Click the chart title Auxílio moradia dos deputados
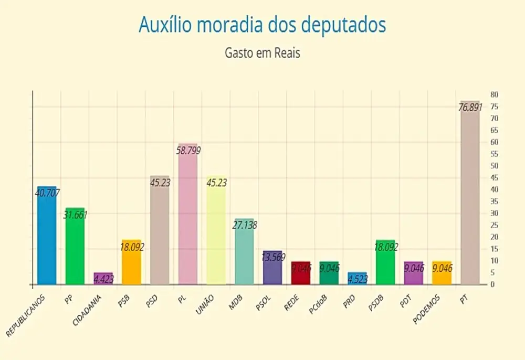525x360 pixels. pos(262,25)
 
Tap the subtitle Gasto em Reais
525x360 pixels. pos(262,53)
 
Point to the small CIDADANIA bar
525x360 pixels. pos(103,279)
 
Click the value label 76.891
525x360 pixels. pos(471,108)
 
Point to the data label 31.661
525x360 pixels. pos(75,214)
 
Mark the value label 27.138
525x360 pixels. pos(245,225)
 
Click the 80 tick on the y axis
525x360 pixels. pos(494,94)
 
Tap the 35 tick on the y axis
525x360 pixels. pos(494,201)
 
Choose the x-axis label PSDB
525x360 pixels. pos(377,302)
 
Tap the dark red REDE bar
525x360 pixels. pos(301,273)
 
